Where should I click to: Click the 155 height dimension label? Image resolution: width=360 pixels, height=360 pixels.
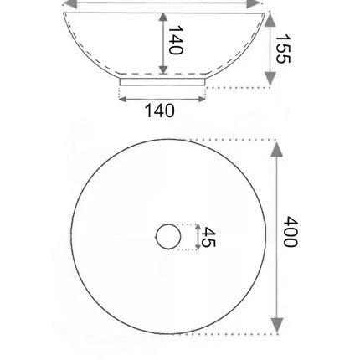point(283,49)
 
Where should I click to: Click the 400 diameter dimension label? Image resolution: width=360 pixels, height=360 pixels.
point(291,231)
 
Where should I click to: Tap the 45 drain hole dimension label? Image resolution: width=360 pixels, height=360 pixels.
point(208,237)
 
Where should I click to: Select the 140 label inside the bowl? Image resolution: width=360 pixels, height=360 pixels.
point(176,40)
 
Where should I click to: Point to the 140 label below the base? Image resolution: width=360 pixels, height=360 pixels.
point(160,111)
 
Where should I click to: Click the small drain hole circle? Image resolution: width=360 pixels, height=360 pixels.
point(168,236)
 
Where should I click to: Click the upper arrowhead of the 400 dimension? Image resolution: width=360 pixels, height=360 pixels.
point(277,150)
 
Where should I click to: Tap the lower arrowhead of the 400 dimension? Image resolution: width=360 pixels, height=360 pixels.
point(277,326)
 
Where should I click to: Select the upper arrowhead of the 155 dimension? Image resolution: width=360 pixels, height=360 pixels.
point(270,20)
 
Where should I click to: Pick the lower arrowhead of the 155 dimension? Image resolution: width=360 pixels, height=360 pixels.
point(270,78)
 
